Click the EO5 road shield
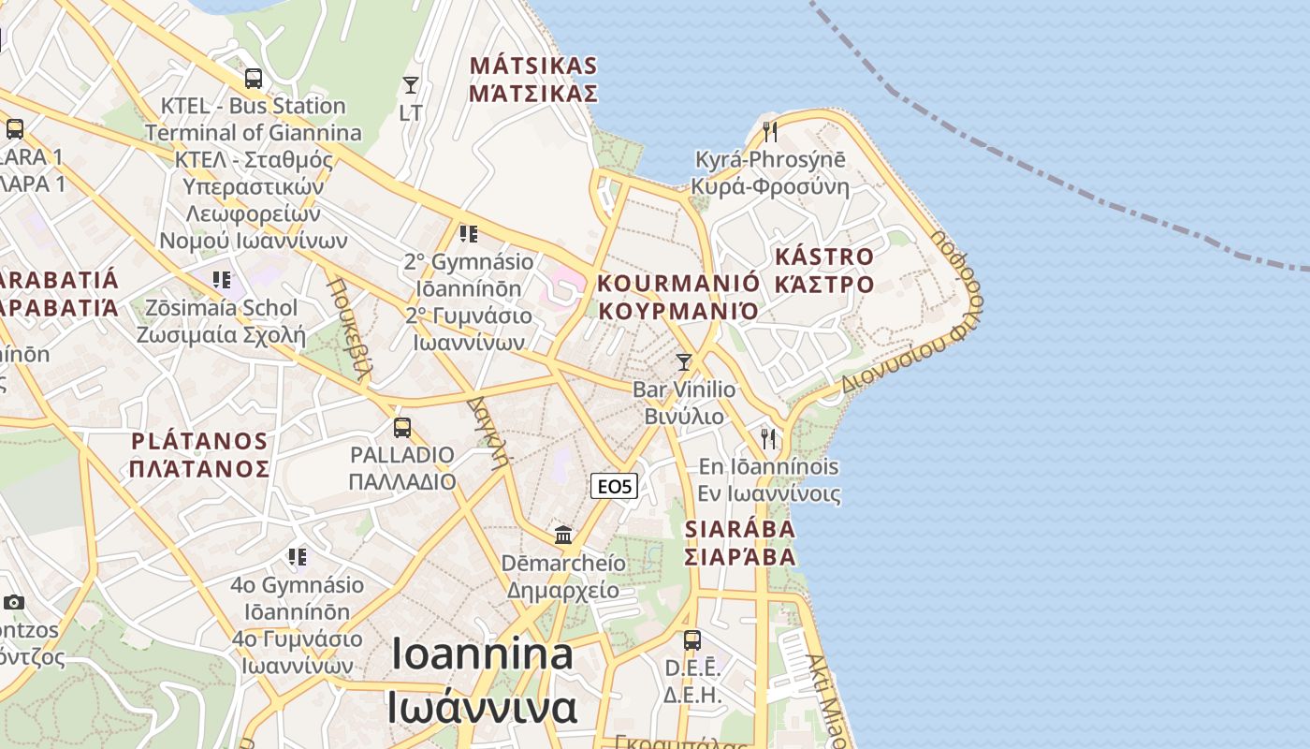click(615, 486)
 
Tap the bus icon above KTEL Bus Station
click(253, 79)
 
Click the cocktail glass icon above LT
click(410, 85)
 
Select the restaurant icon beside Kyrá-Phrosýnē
click(770, 131)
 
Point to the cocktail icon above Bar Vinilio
click(684, 362)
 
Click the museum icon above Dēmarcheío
click(563, 535)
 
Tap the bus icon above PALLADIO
click(402, 428)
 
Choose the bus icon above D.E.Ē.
click(691, 640)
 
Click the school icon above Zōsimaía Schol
click(221, 279)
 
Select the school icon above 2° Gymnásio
click(468, 233)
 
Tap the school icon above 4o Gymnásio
click(298, 558)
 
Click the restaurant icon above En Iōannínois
click(768, 438)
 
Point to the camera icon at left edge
click(13, 602)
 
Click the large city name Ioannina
click(482, 654)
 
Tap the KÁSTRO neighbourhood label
click(824, 257)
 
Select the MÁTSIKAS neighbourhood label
click(533, 66)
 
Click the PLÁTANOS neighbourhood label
click(199, 441)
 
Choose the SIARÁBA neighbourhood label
click(740, 529)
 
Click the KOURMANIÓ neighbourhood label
click(678, 283)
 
